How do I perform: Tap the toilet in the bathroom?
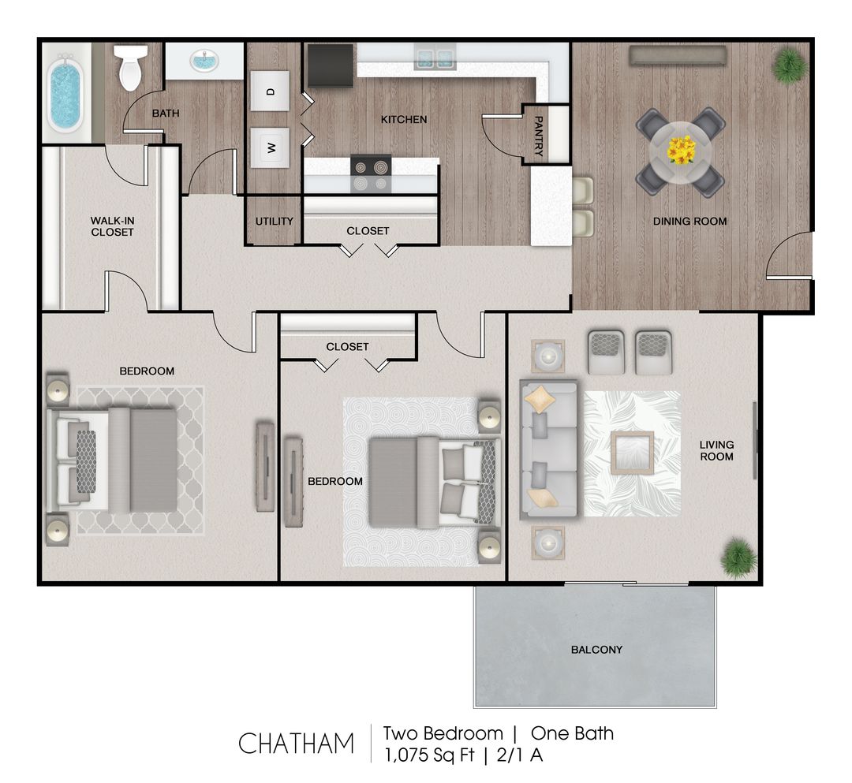130,67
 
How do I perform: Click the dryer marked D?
270,91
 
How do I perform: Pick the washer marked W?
270,147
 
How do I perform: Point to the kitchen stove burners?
371,174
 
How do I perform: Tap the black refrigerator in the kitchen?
330,65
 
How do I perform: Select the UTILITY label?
274,222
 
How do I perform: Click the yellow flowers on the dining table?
681,149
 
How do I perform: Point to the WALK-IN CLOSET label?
112,226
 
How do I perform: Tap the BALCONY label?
596,650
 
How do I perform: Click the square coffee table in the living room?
631,453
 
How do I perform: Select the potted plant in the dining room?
789,65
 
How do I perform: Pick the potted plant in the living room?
739,557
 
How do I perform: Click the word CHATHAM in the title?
297,744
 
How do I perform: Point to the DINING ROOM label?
689,222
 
